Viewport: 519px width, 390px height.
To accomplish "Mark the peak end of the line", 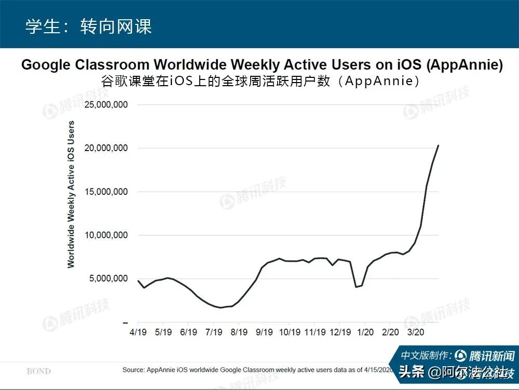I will click(439, 145).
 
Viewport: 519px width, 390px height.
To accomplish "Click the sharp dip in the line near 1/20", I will click(356, 287).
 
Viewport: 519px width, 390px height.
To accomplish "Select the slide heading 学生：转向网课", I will click(88, 26).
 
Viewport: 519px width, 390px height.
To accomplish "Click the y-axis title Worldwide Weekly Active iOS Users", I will click(71, 194).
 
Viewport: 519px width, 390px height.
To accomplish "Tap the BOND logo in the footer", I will click(39, 371).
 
